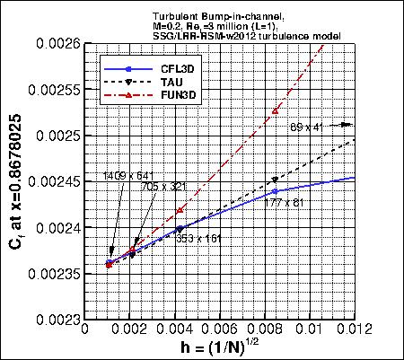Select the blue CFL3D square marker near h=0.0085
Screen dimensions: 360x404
(276, 191)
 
